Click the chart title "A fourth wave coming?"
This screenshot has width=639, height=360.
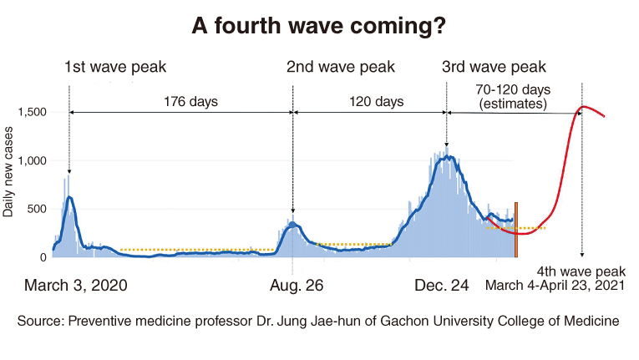(319, 26)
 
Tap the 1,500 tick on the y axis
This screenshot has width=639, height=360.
(33, 112)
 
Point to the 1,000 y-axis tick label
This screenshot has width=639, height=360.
(33, 160)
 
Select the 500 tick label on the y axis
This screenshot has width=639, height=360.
(38, 209)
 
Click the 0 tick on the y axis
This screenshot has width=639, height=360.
(43, 257)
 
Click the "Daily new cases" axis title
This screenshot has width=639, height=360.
(8, 171)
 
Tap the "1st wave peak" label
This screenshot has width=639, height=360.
(115, 67)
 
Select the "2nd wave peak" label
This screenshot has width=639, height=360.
(341, 67)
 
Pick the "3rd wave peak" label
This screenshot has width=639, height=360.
(494, 67)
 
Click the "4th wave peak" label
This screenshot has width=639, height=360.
(581, 271)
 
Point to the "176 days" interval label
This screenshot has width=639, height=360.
(190, 101)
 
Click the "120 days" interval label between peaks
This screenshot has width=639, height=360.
(376, 101)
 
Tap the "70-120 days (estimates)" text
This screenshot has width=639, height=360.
(513, 97)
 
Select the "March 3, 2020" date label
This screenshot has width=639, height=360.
(76, 286)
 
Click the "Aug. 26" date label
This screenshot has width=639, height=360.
(297, 286)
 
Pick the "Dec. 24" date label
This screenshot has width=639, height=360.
(441, 286)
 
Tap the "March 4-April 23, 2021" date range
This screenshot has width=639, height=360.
(555, 286)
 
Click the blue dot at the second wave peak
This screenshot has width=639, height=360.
(292, 225)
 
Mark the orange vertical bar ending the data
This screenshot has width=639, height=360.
(516, 230)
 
